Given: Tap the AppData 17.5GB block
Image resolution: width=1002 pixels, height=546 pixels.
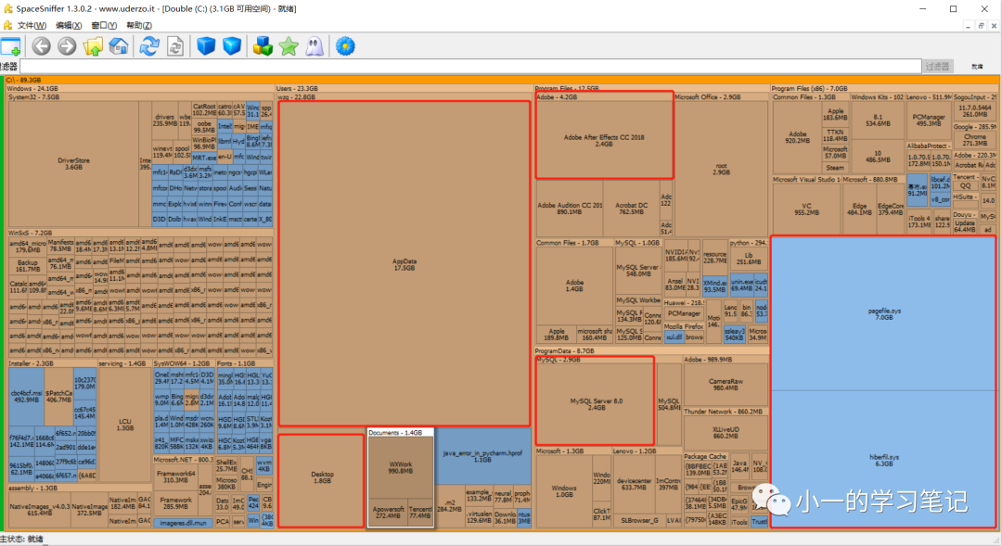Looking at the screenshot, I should point(405,264).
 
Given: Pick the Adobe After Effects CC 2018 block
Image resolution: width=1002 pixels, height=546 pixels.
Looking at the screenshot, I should point(604,139).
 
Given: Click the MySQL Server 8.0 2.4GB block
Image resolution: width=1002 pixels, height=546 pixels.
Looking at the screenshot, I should point(596,402).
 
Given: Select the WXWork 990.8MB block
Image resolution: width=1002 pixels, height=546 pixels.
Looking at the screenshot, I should point(401,469).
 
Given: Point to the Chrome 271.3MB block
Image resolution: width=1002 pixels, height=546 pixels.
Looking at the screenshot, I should point(974,140).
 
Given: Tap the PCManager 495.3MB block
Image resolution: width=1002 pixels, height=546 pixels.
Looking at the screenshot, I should point(928,120).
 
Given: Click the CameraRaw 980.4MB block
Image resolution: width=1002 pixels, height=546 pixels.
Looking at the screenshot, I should point(726,384).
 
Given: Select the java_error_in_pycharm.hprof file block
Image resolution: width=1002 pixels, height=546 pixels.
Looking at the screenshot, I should point(482,456).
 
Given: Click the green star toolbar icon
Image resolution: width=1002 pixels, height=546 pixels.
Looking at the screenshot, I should point(289,45).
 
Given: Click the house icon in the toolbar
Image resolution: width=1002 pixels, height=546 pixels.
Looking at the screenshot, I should point(119,45).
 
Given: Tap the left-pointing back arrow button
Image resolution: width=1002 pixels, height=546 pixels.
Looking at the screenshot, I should point(42,45).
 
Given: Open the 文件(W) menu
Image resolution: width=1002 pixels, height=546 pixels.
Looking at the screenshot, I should point(32,25).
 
